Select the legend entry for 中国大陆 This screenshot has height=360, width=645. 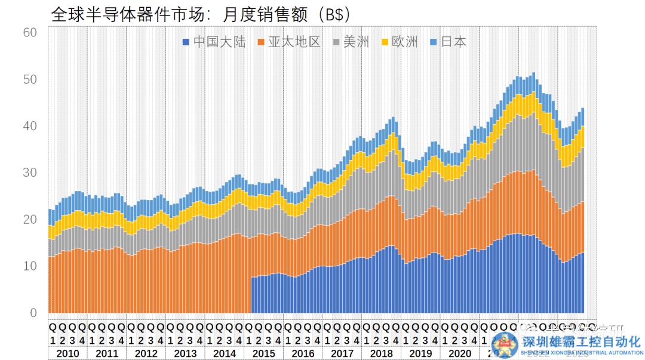pos(214,42)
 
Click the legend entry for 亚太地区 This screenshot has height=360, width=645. pos(289,42)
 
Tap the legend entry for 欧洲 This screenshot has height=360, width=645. pos(400,42)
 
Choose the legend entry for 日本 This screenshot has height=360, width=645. pos(447,42)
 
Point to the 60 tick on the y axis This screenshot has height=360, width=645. pos(29,32)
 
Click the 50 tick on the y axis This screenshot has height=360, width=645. pos(29,79)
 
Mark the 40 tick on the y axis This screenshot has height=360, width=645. pos(29,126)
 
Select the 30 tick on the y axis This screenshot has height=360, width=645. pos(29,173)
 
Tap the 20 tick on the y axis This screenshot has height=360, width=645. pos(29,220)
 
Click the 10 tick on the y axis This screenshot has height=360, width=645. pos(29,266)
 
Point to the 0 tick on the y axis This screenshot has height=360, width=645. pos(33,313)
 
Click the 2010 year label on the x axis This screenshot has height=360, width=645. pos(67,352)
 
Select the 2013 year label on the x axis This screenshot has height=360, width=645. pos(185,352)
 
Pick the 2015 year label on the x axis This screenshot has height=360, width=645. pos(263,352)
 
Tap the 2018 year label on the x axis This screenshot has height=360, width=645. pos(381,352)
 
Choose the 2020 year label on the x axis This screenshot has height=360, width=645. pos(459,352)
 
